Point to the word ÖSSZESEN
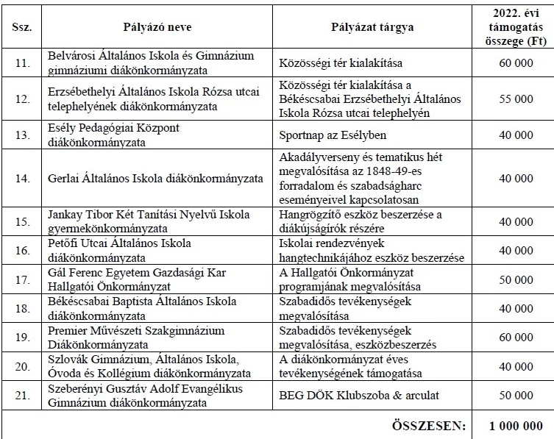(x=430, y=425)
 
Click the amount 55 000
(x=514, y=96)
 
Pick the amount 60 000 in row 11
(x=514, y=63)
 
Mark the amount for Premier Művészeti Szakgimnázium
(x=514, y=338)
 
